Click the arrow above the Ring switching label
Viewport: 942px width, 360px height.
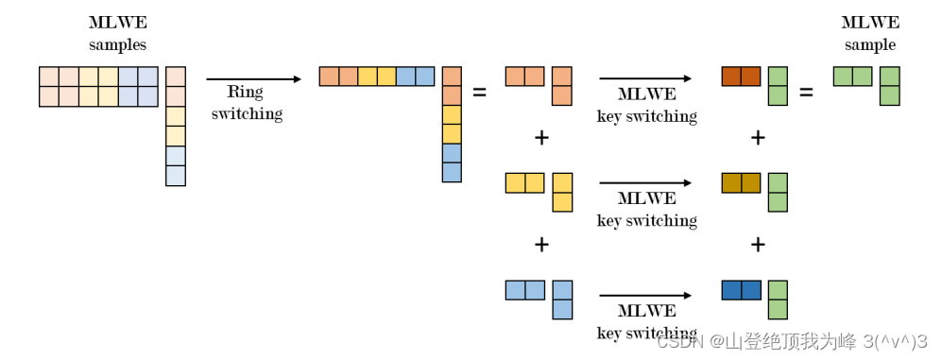pos(252,79)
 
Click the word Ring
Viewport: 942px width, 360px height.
pos(245,94)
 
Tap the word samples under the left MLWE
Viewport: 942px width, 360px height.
pos(117,44)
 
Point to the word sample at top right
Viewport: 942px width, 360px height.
pos(870,44)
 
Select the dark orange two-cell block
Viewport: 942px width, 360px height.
pos(741,77)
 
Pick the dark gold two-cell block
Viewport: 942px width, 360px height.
pos(741,182)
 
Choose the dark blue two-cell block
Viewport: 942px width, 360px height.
pos(741,290)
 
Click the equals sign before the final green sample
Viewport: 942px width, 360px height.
pos(806,93)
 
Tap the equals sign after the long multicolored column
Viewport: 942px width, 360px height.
pos(479,93)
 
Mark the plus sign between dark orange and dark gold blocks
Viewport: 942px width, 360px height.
pos(757,138)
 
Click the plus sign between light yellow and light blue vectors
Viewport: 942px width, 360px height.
pos(541,245)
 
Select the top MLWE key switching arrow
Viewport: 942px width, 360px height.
pos(646,78)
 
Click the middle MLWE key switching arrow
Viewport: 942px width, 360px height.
pos(646,182)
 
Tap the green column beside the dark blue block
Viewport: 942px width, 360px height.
pos(778,300)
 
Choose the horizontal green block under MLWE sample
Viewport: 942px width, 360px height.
pos(852,77)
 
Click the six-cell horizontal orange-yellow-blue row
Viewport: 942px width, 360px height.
pos(376,77)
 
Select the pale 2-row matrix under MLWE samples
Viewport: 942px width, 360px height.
pos(98,87)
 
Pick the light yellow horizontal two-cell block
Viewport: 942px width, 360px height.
pos(524,182)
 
